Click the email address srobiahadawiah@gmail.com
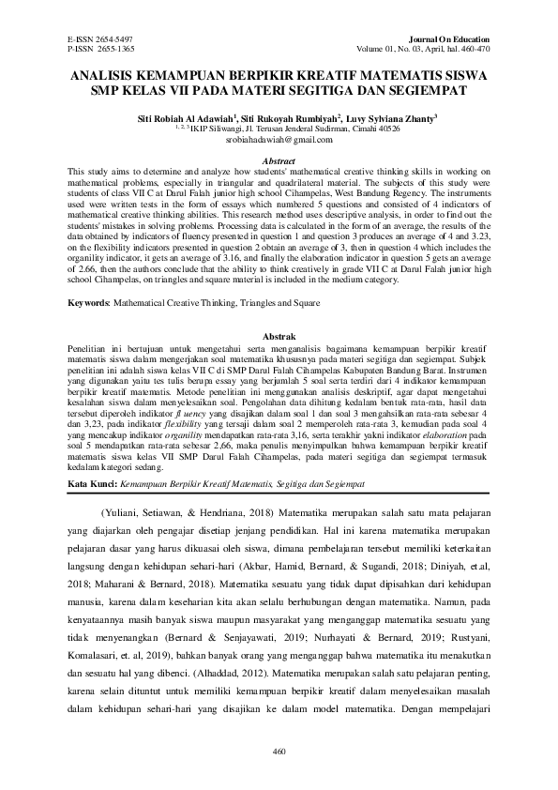tap(279, 141)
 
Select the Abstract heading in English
tap(279, 160)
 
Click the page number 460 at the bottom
tap(279, 751)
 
